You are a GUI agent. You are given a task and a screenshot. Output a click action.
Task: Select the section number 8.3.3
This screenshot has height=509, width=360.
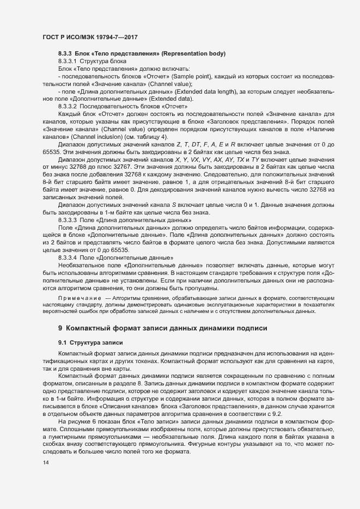pyautogui.click(x=65, y=53)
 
